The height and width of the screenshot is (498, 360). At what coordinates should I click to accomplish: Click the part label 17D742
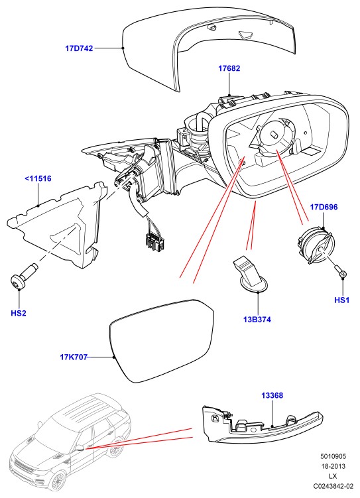(x=79, y=48)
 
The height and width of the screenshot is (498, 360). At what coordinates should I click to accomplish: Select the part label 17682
(x=229, y=68)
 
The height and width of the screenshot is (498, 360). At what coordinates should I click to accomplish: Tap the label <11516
(x=38, y=178)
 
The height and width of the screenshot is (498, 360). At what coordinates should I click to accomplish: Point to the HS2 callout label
(x=19, y=313)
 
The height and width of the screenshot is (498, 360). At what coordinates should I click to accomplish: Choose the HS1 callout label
(x=342, y=300)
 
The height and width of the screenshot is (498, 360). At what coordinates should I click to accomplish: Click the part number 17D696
(x=324, y=207)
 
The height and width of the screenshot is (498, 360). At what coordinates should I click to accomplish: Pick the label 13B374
(x=257, y=320)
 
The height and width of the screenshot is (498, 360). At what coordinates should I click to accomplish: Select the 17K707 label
(x=74, y=357)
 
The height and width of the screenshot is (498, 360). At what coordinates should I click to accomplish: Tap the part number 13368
(x=272, y=395)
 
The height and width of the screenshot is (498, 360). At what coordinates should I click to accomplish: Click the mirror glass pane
(x=162, y=340)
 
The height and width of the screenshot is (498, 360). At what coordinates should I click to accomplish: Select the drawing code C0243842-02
(x=333, y=486)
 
